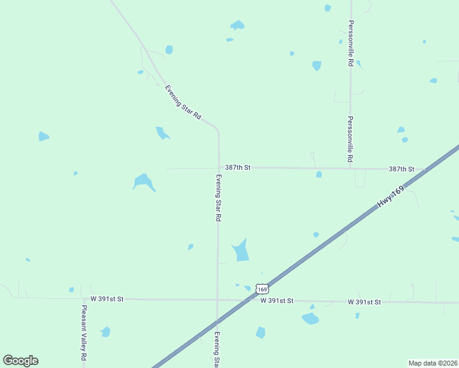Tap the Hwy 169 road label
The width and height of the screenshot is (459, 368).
[392, 196]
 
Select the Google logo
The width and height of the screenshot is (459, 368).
[20, 361]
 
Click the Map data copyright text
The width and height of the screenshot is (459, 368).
[433, 363]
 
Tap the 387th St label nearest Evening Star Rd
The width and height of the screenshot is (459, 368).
[238, 167]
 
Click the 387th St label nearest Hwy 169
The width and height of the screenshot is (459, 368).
[401, 169]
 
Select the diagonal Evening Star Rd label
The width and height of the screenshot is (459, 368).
[183, 102]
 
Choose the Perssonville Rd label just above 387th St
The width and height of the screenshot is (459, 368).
[350, 139]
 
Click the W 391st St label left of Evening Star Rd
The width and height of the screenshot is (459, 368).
[107, 299]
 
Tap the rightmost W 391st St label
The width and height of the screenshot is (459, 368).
[364, 302]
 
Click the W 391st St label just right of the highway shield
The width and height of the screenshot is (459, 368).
[277, 301]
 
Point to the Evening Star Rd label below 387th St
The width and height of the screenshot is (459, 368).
[218, 197]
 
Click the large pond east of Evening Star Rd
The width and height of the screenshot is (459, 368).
[241, 251]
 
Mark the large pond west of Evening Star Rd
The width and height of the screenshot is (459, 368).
[144, 182]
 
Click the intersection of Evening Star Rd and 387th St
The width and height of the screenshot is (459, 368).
[219, 167]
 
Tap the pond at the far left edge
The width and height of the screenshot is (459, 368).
[43, 136]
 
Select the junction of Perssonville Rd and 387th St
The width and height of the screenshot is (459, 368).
[350, 169]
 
